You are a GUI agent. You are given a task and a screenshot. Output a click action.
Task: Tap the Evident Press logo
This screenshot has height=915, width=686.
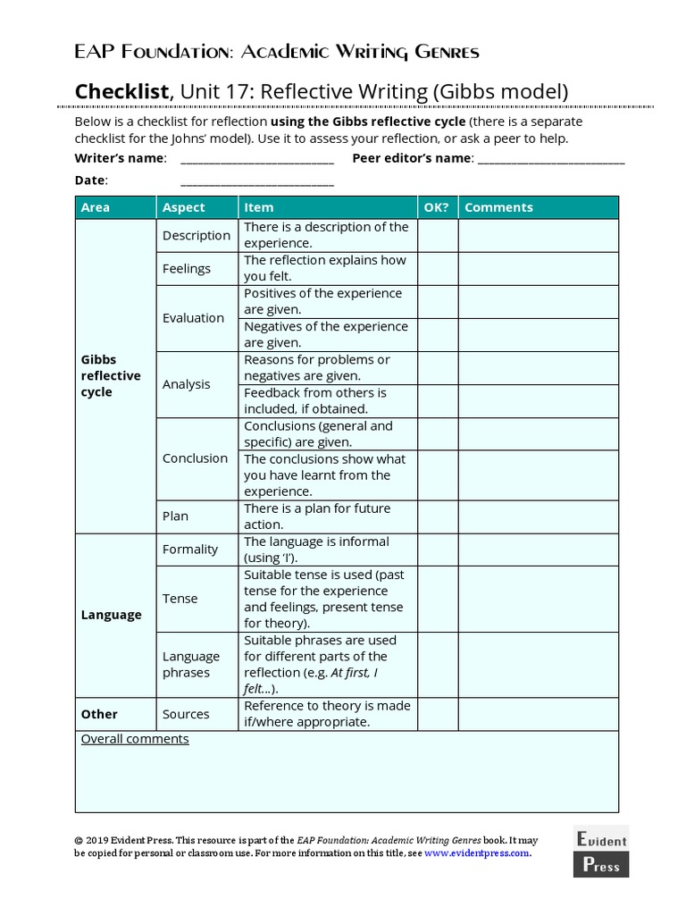pos(600,851)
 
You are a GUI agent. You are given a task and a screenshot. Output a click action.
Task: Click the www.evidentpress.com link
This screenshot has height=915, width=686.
pos(477,852)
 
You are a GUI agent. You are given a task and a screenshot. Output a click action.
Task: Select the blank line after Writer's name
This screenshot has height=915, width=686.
pos(257,161)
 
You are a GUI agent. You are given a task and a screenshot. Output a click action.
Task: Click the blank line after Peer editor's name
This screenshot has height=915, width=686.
pos(551,161)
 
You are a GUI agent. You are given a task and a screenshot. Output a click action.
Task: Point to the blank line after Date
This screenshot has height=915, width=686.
pos(257,182)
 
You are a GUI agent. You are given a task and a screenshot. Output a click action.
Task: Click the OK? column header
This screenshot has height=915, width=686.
pos(437,207)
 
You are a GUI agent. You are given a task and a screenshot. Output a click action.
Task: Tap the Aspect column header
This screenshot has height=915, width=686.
pos(184,207)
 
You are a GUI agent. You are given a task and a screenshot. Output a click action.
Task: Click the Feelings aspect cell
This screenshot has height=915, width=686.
pos(187,268)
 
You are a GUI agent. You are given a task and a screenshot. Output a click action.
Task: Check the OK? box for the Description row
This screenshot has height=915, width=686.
pos(437,235)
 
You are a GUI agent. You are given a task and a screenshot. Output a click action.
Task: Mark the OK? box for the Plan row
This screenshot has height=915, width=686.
pos(437,516)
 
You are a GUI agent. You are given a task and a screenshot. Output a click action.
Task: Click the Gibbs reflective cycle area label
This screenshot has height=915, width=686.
pos(111,376)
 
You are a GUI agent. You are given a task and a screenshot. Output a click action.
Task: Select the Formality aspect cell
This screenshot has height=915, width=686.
pos(190,550)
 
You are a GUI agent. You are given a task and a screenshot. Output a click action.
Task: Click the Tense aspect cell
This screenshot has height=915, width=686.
pos(180,599)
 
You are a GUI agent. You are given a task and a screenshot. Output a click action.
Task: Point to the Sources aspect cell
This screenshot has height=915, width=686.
pos(186,714)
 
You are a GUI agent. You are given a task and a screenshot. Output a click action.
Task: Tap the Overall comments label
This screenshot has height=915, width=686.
pos(135,739)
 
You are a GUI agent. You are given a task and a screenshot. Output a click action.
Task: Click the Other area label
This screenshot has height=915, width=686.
pos(99,714)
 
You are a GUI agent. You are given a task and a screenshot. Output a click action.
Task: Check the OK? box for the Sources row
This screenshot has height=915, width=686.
pos(437,714)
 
